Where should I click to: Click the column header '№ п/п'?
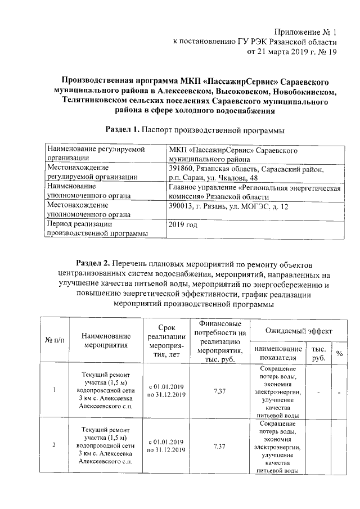coord(55,340)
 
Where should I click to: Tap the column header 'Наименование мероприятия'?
coord(105,340)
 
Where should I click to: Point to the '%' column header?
coord(339,353)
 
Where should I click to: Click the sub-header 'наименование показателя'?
coord(274,353)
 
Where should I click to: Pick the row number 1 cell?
coord(54,391)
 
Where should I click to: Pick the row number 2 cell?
coord(54,446)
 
